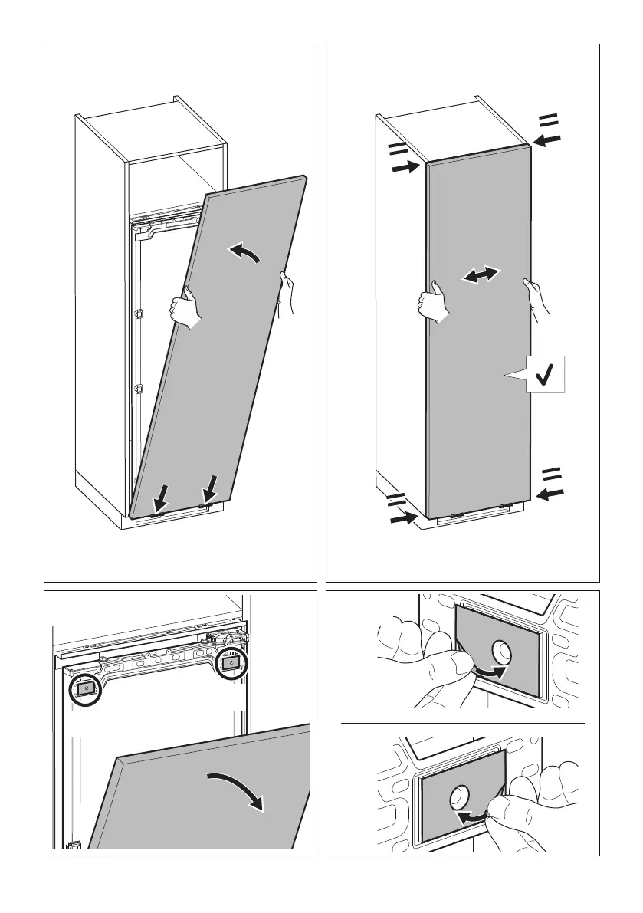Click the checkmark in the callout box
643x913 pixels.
(546, 375)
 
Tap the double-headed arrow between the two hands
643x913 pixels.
(481, 276)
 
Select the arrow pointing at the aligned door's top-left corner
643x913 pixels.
(405, 166)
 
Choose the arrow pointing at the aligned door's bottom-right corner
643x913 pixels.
(550, 494)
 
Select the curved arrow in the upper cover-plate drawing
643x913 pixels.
(490, 673)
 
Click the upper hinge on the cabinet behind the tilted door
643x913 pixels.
(139, 314)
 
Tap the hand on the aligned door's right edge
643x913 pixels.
(534, 295)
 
